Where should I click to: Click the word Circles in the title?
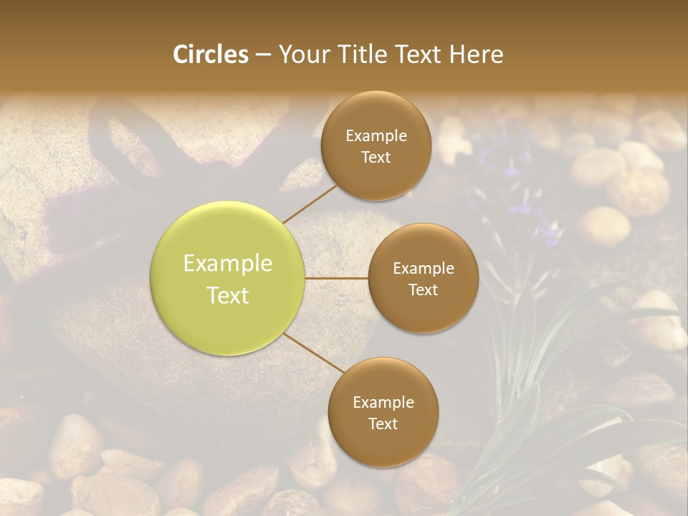[210, 54]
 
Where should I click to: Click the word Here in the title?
[476, 54]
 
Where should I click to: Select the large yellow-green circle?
[228, 279]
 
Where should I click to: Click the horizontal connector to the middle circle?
[337, 278]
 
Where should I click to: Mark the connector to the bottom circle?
[313, 353]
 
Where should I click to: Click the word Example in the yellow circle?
[228, 264]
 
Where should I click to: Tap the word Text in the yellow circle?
[228, 295]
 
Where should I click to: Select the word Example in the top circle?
[376, 136]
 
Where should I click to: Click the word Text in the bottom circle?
[383, 424]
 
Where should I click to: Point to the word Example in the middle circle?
[423, 269]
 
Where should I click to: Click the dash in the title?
[263, 54]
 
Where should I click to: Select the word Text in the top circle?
[376, 157]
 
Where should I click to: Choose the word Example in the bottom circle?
[383, 403]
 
